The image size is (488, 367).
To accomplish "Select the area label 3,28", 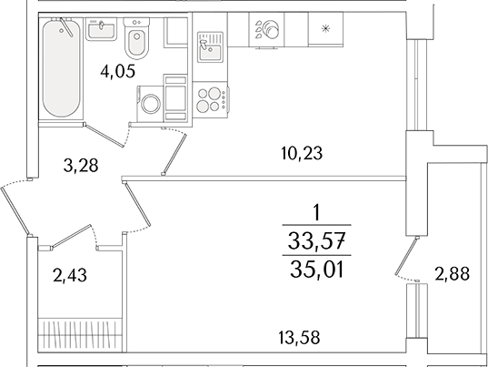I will [81, 165].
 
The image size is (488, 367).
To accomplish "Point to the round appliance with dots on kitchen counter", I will [269, 28].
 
